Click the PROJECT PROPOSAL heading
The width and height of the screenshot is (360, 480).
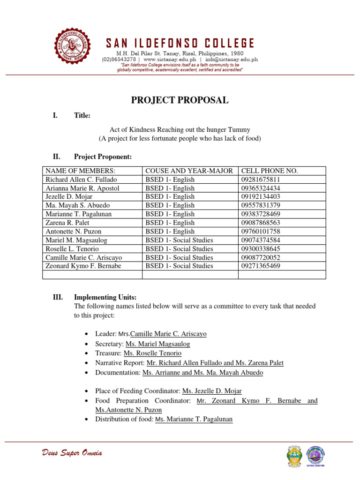[180, 100]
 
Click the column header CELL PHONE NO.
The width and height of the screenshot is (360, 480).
[269, 171]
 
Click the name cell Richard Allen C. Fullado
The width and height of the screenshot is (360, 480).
[81, 180]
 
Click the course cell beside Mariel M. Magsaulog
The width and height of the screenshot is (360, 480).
[179, 240]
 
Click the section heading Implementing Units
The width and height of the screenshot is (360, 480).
[105, 297]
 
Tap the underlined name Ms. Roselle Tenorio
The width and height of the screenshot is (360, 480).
[152, 353]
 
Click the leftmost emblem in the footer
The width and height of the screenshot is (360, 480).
[293, 456]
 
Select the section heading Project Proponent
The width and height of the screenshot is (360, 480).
[103, 156]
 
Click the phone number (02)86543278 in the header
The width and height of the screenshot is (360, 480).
[119, 60]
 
